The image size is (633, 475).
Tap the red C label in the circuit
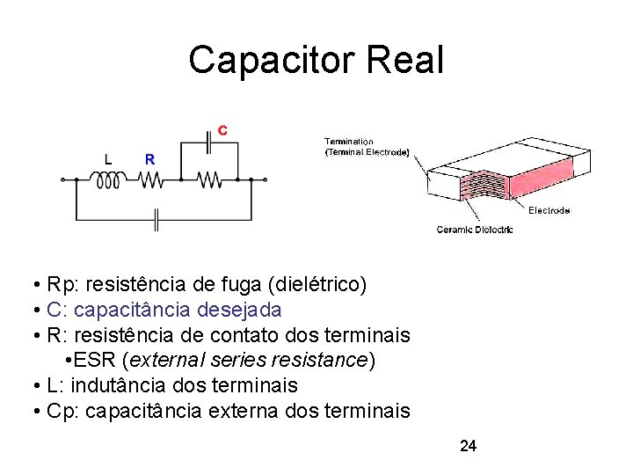point(222,130)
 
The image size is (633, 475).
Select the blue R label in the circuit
point(149,159)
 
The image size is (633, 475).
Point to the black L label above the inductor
point(108,159)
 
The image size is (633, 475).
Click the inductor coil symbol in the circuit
point(108,180)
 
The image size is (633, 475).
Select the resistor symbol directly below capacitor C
point(209,180)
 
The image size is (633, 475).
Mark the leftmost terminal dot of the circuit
point(62,180)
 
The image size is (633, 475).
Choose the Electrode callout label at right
point(549,210)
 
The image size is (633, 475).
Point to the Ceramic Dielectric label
point(475,230)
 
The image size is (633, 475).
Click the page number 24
point(468,446)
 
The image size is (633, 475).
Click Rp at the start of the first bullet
point(58,284)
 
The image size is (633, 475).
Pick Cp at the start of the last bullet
point(59,411)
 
